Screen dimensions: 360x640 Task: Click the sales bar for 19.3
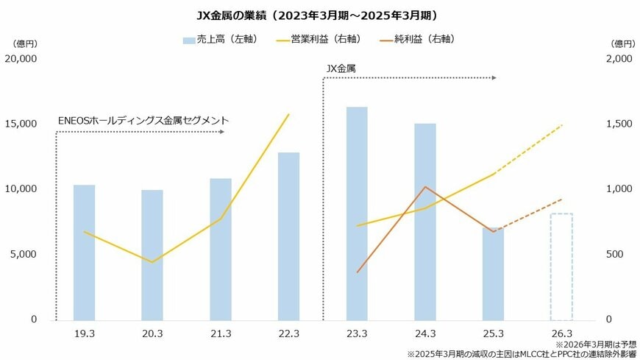[85, 252]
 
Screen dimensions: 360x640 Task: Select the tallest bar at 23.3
[357, 213]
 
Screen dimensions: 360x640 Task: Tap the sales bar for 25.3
[494, 273]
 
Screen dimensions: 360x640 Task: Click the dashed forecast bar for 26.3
[562, 267]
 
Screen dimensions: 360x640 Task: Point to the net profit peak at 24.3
[425, 187]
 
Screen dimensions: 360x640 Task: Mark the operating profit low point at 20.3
[152, 262]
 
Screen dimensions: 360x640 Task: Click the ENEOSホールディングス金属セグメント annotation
[143, 120]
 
